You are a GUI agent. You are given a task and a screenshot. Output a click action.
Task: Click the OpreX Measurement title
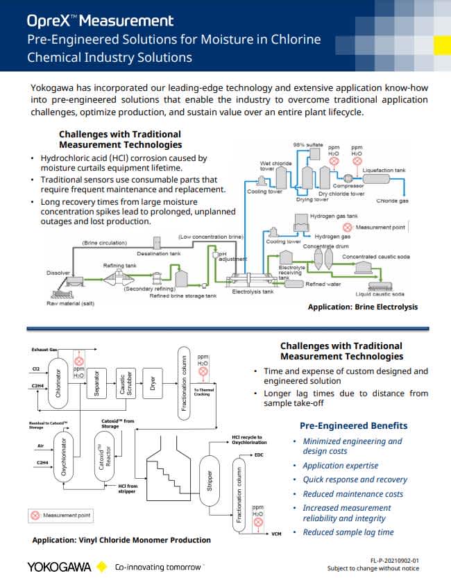[x=100, y=20]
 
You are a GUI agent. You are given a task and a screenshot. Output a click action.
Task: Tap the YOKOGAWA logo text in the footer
[x=59, y=567]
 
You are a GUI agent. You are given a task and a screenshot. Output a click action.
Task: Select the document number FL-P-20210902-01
[x=395, y=559]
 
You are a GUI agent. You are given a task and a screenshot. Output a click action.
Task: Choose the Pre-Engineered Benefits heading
[x=353, y=425]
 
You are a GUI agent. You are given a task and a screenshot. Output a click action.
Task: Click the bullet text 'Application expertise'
[x=341, y=466]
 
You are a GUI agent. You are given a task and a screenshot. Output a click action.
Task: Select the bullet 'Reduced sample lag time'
[x=348, y=532]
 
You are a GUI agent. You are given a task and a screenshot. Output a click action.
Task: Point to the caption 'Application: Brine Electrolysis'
[x=363, y=306]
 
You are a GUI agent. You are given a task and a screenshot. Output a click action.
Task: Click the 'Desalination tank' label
[x=160, y=254]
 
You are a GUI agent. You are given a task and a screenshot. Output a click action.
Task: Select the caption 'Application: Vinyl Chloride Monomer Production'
[x=121, y=540]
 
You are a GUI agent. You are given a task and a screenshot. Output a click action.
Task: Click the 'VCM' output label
[x=277, y=534]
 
